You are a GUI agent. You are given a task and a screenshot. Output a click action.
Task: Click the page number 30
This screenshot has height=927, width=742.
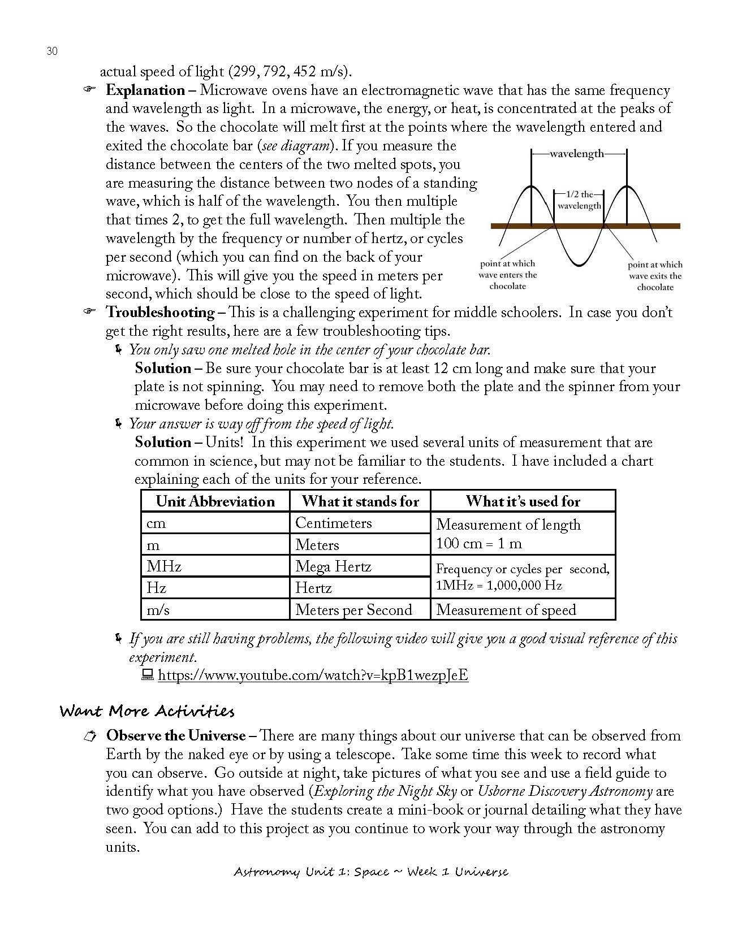point(51,51)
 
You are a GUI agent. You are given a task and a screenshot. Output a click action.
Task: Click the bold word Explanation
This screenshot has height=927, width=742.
point(145,90)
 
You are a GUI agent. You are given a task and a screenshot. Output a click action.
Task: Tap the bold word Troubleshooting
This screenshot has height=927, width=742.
point(160,313)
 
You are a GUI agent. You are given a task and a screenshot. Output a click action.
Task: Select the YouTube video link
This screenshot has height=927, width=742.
point(313,675)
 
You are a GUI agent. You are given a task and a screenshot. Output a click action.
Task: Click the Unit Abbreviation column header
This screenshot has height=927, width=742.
point(215,501)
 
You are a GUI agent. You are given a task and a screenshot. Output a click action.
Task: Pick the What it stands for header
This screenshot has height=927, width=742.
point(360,501)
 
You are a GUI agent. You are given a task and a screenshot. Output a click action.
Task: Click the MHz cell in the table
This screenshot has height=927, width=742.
point(164,566)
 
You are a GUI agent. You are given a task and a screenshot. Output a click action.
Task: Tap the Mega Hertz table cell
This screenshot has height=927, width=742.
point(333,566)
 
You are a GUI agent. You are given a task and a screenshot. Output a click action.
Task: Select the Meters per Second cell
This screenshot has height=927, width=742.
point(353,610)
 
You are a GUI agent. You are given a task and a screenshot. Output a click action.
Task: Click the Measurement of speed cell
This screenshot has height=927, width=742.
point(506,610)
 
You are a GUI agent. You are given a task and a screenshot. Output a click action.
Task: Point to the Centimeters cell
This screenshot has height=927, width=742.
point(333,523)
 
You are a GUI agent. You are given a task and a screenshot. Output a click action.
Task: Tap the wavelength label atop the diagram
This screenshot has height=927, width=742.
point(577,154)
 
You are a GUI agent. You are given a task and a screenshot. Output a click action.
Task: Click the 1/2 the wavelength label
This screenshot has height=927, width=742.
point(579,200)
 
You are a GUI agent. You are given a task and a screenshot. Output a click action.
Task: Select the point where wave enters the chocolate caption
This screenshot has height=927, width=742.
point(507,275)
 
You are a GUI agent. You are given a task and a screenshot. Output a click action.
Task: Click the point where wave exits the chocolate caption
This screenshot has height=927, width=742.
point(655,276)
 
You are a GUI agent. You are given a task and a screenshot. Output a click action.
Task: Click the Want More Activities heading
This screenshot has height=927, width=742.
point(146,711)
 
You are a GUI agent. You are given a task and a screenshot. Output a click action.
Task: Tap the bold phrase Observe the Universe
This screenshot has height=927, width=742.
point(176,736)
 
